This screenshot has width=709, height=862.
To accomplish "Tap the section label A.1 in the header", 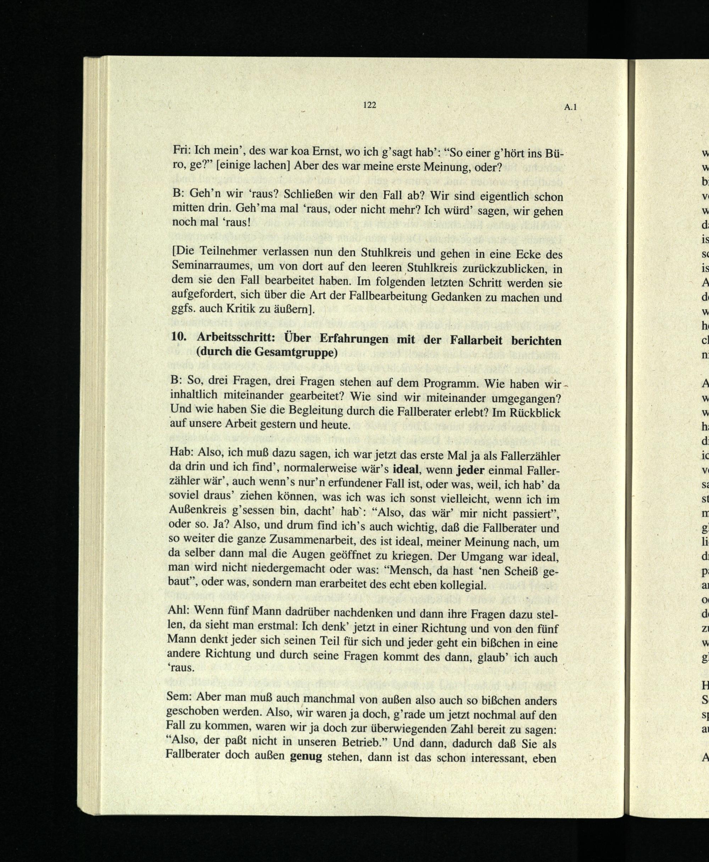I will [x=570, y=107].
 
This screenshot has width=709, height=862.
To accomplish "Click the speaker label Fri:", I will [x=182, y=150].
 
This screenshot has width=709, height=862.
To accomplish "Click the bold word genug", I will [x=306, y=757].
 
